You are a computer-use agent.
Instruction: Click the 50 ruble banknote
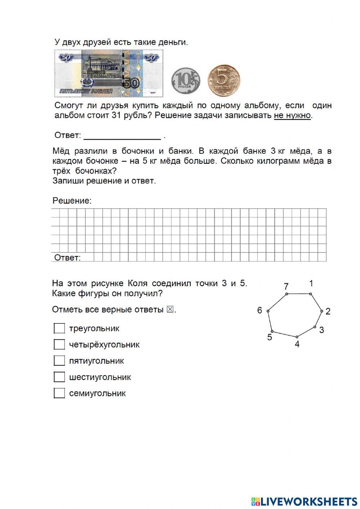(109, 73)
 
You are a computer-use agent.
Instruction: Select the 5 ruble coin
(224, 80)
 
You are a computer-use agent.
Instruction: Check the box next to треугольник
(59, 329)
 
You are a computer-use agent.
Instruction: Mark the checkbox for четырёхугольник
(59, 345)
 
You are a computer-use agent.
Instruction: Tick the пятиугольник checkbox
(59, 361)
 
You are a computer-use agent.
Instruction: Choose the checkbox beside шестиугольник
(59, 377)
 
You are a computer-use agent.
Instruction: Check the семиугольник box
(59, 393)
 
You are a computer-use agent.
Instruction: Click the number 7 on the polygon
(286, 287)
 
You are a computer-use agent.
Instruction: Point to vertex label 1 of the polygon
(311, 283)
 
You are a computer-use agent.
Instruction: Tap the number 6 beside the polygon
(260, 310)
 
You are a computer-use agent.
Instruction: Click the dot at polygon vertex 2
(321, 311)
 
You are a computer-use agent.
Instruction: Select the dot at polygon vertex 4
(297, 337)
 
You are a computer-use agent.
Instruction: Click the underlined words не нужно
(292, 116)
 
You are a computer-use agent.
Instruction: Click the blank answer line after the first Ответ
(122, 136)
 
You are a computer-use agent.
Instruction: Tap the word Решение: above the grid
(72, 201)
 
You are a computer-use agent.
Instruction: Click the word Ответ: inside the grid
(67, 258)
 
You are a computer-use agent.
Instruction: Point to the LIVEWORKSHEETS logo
(304, 501)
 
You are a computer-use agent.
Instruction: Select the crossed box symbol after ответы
(170, 309)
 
